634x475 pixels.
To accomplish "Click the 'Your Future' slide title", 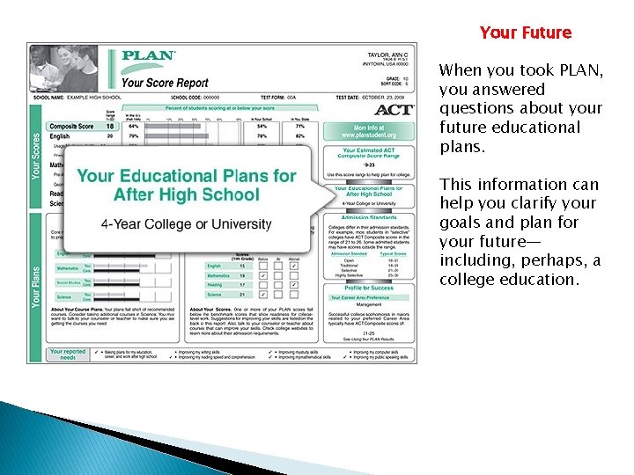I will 526,33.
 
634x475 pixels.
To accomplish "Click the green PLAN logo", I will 147,55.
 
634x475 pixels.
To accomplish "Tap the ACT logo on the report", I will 393,110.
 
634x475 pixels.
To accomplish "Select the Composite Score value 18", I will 110,127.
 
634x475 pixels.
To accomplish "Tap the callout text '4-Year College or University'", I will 186,224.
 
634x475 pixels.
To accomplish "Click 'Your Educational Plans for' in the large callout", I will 186,176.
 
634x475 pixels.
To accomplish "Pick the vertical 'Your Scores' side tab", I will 36,157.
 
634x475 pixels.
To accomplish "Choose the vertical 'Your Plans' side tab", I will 36,287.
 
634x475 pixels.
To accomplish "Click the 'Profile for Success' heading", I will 369,289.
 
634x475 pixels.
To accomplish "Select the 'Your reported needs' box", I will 68,354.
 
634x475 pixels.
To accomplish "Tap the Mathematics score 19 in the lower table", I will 240,275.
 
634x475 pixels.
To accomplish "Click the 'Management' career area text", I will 369,305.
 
